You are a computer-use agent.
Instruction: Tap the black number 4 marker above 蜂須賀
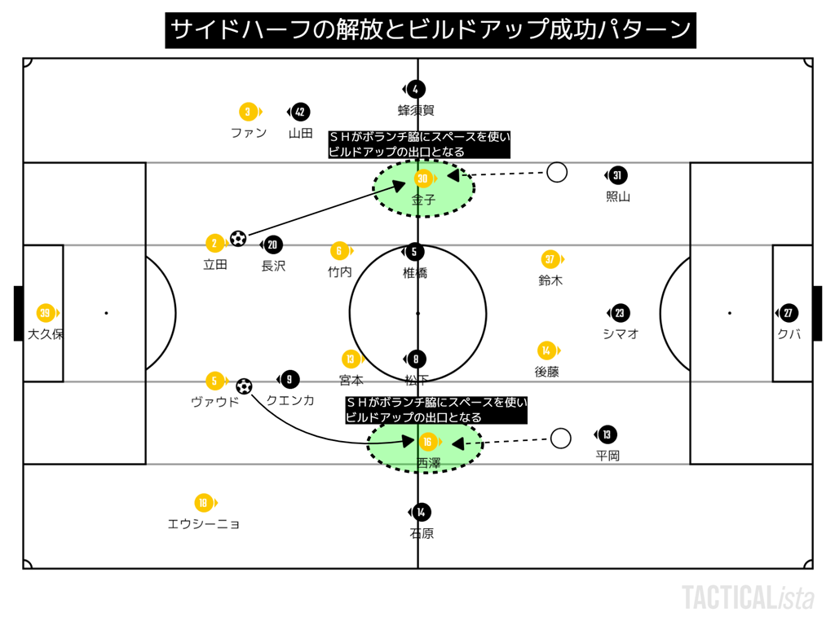pos(416,89)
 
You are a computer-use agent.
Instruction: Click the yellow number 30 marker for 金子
pos(422,179)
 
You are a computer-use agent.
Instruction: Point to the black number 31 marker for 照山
pos(617,175)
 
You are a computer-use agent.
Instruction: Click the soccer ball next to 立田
pos(238,239)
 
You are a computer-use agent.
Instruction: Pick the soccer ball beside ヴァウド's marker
pos(244,386)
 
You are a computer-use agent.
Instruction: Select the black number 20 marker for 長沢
pos(272,245)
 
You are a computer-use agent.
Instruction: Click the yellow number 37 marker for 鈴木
pos(550,259)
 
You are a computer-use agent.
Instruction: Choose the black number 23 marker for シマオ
pos(620,313)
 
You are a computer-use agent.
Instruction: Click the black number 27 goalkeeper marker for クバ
pos(788,313)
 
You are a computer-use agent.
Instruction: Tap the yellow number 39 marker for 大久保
pos(46,313)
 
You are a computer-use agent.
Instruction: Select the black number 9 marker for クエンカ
pos(289,379)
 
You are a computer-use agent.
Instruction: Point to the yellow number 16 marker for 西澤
pos(427,442)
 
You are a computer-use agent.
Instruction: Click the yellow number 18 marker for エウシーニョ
pos(203,503)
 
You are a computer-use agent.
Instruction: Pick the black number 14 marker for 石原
pos(421,512)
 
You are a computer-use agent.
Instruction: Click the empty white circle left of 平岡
pos(560,439)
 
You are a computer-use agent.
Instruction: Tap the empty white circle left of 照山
pos(557,172)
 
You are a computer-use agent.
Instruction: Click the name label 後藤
pos(546,372)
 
